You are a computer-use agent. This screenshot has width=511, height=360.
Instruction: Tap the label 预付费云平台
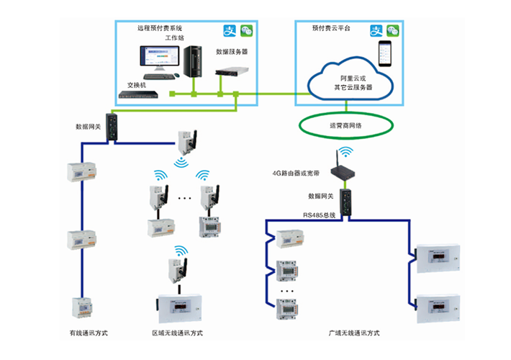tap(329, 29)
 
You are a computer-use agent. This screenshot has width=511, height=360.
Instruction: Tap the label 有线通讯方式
tap(88, 333)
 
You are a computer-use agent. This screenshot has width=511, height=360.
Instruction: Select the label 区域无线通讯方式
tap(177, 333)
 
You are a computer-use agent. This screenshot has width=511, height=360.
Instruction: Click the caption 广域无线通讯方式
tap(353, 333)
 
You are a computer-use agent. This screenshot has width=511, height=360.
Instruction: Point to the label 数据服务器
tap(232, 53)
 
